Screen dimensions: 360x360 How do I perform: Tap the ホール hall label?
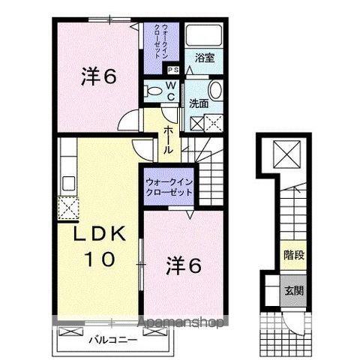coord(168,139)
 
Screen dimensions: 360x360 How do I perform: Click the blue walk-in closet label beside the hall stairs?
coord(169,187)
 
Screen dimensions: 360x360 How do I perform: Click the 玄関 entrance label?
coord(293,289)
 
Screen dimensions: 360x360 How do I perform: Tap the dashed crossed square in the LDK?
coord(65,207)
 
